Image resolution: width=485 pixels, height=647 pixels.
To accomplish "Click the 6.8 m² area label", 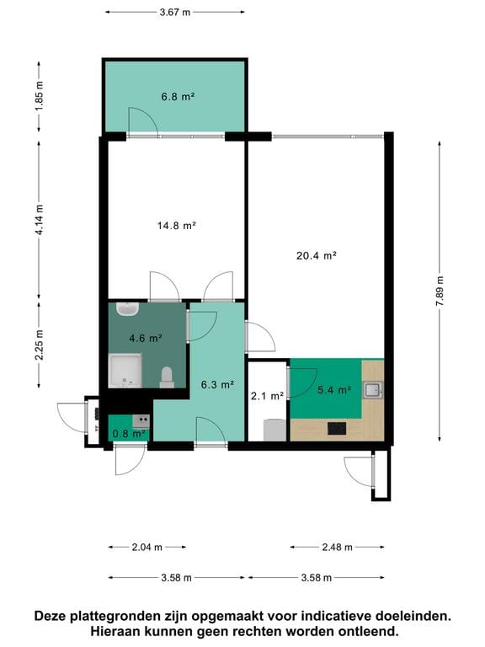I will click(x=178, y=97).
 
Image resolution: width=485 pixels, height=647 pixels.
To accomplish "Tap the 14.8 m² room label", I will click(x=176, y=225).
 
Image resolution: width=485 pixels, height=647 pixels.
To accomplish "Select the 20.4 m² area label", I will click(x=317, y=254).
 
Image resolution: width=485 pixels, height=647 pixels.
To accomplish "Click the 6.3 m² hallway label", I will click(x=216, y=385).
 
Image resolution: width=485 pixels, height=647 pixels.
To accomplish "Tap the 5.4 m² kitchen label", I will click(x=333, y=390).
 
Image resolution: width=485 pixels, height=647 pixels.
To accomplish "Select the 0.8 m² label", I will click(x=128, y=434).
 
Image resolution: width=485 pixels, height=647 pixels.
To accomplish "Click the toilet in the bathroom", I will click(x=167, y=377).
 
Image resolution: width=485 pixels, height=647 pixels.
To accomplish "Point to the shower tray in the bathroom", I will click(x=126, y=371).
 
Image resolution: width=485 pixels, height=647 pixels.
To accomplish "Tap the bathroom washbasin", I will click(x=128, y=310).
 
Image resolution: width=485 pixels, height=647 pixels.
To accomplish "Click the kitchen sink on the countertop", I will click(x=373, y=389).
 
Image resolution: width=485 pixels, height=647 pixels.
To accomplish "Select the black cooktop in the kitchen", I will click(x=337, y=428).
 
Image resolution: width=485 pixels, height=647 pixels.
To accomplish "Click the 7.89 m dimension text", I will click(x=440, y=291).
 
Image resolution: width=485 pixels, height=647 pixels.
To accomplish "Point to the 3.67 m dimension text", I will click(x=174, y=13).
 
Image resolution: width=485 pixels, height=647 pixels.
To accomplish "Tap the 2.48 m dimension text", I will click(x=337, y=548).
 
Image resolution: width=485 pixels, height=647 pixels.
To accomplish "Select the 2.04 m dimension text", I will click(x=147, y=548).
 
